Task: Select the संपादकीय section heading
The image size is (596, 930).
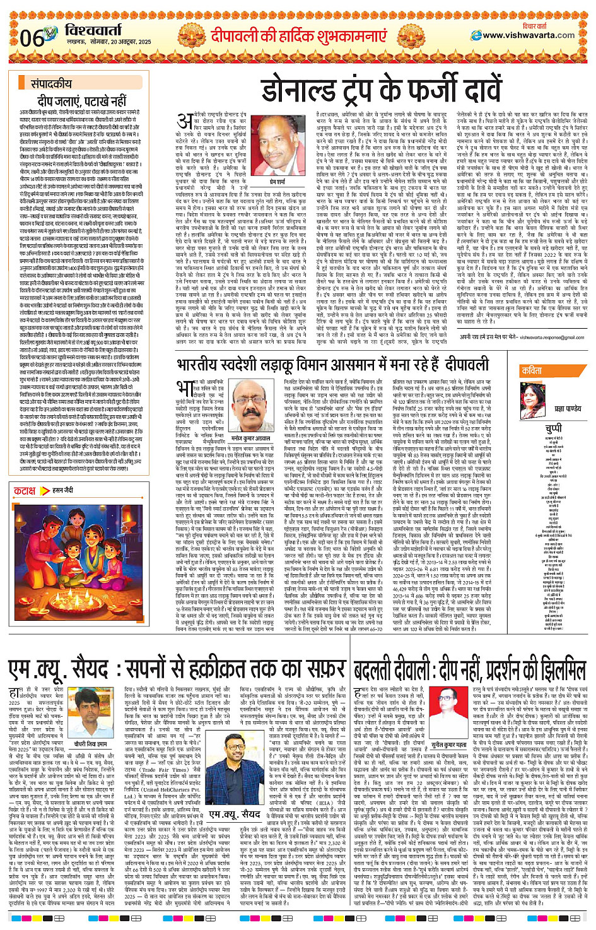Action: tap(51, 83)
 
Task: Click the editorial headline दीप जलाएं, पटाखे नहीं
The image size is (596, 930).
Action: tap(82, 100)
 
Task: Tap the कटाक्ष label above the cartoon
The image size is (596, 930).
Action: tap(25, 490)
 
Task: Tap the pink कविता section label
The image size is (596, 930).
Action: tap(532, 371)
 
